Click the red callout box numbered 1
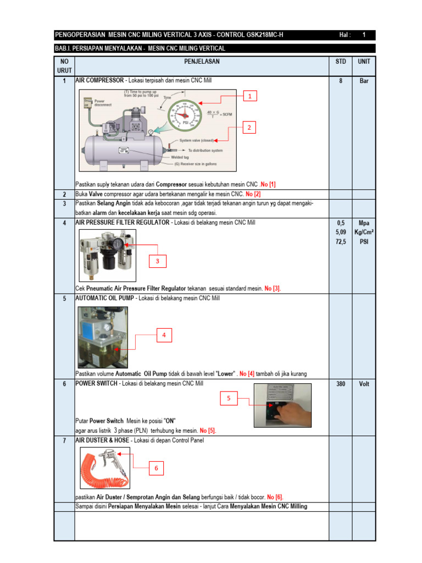coord(249,96)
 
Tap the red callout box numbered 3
coord(157,262)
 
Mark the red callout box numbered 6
coord(156,467)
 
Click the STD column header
coord(341,62)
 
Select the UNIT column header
coord(364,62)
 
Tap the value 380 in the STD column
coord(341,384)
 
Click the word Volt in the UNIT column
coord(364,384)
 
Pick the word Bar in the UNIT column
coord(364,81)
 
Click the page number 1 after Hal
coord(364,35)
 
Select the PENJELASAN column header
coord(202,62)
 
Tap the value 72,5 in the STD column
coord(341,241)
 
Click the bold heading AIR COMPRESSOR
coord(99,80)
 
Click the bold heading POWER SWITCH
coord(96,383)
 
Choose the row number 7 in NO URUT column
coord(64,441)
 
